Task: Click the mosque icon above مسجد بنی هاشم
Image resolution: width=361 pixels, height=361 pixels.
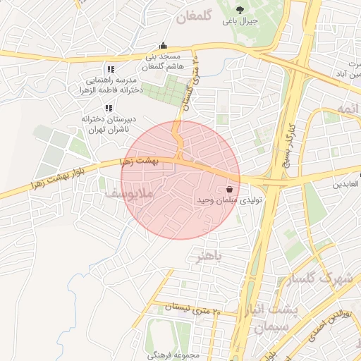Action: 164,45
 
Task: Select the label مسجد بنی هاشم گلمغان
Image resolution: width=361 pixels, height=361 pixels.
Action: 163,61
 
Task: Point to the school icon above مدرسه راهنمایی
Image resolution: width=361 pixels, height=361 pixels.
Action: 110,70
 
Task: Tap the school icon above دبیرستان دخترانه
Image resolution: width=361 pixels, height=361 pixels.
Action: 108,108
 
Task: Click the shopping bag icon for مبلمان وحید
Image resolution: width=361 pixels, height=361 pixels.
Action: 231,189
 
